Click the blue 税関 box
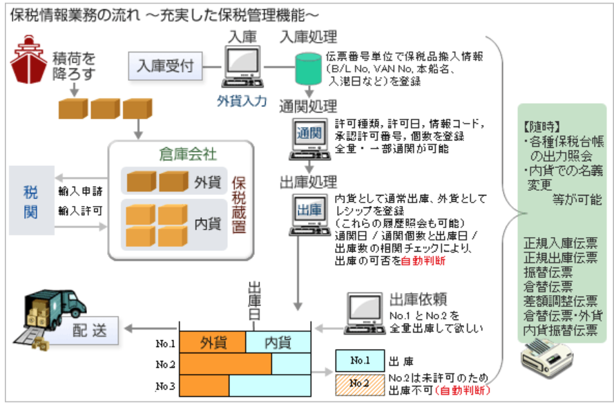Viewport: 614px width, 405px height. [30, 200]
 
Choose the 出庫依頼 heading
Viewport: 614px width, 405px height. [418, 299]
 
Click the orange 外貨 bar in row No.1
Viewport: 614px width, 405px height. [213, 342]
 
